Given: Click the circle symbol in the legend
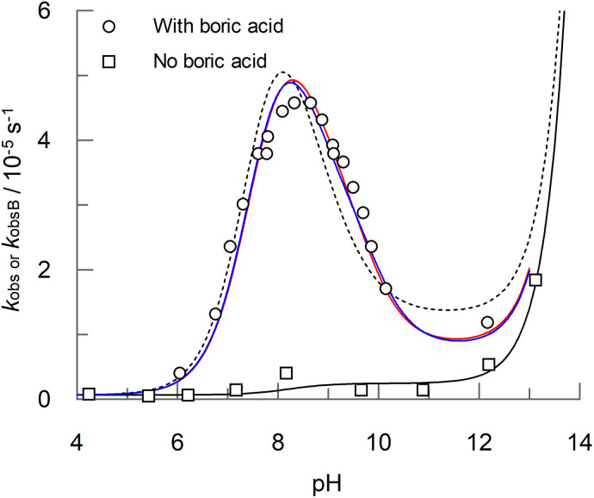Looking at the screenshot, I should (x=107, y=26).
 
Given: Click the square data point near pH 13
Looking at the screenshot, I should (x=535, y=279).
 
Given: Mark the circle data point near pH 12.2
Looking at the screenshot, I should (x=488, y=322).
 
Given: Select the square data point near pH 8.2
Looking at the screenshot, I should (x=287, y=373).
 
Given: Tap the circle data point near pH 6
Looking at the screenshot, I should (x=179, y=373).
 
